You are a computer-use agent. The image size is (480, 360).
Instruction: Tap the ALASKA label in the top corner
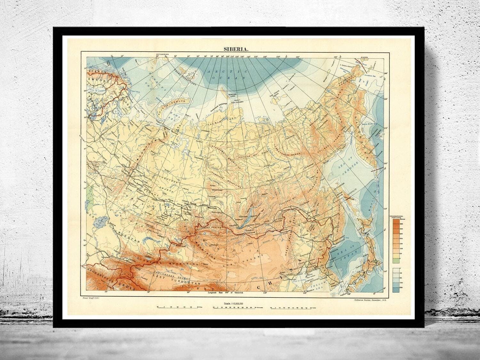point(364,57)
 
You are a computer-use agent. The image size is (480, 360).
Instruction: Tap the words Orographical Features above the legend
point(397,217)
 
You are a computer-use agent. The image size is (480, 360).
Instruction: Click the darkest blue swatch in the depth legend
point(397,290)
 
